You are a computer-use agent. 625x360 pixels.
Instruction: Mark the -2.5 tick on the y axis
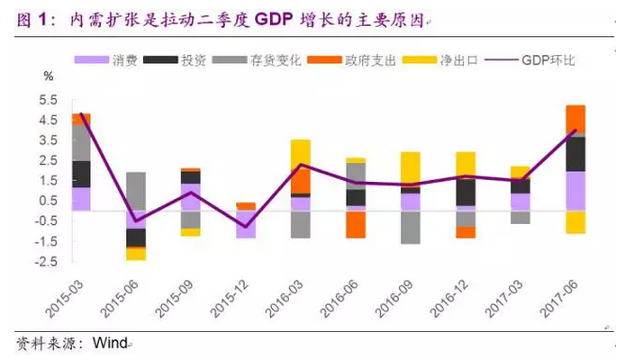pyautogui.click(x=48, y=261)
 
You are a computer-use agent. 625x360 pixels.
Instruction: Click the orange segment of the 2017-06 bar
pyautogui.click(x=576, y=118)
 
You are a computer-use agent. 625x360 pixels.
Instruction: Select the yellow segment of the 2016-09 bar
pyautogui.click(x=410, y=168)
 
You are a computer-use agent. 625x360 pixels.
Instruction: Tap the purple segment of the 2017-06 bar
pyautogui.click(x=576, y=190)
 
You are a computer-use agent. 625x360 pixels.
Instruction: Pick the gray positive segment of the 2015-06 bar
pyautogui.click(x=136, y=190)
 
